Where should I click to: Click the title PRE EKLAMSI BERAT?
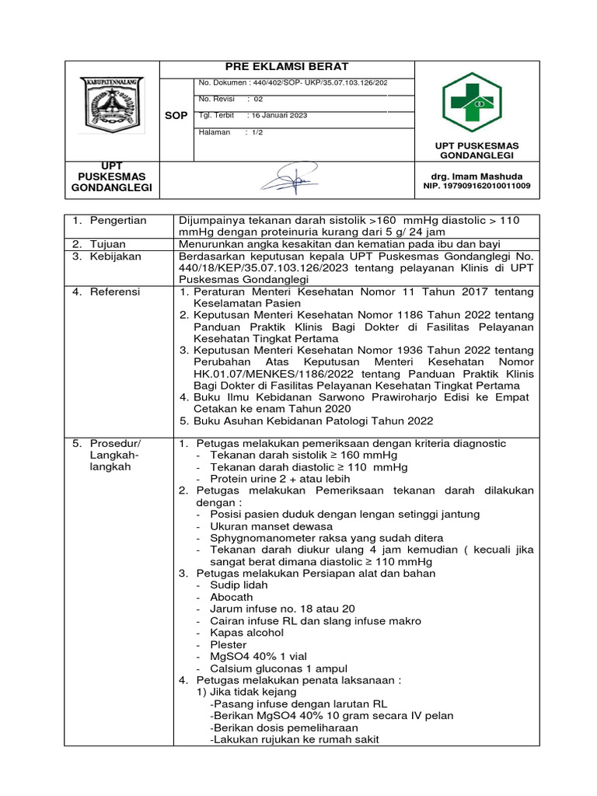pos(287,67)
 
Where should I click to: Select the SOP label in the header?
pos(176,115)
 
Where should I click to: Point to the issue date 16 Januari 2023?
pos(278,115)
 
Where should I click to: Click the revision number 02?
pos(258,99)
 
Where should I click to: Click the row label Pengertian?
pos(118,221)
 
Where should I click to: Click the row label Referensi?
pos(114,292)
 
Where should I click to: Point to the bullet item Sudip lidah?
pos(239,585)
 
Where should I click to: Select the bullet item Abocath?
pos(231,597)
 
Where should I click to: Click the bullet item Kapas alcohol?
pos(246,633)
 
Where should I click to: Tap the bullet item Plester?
pos(229,644)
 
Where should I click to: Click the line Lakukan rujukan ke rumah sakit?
pos(295,740)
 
